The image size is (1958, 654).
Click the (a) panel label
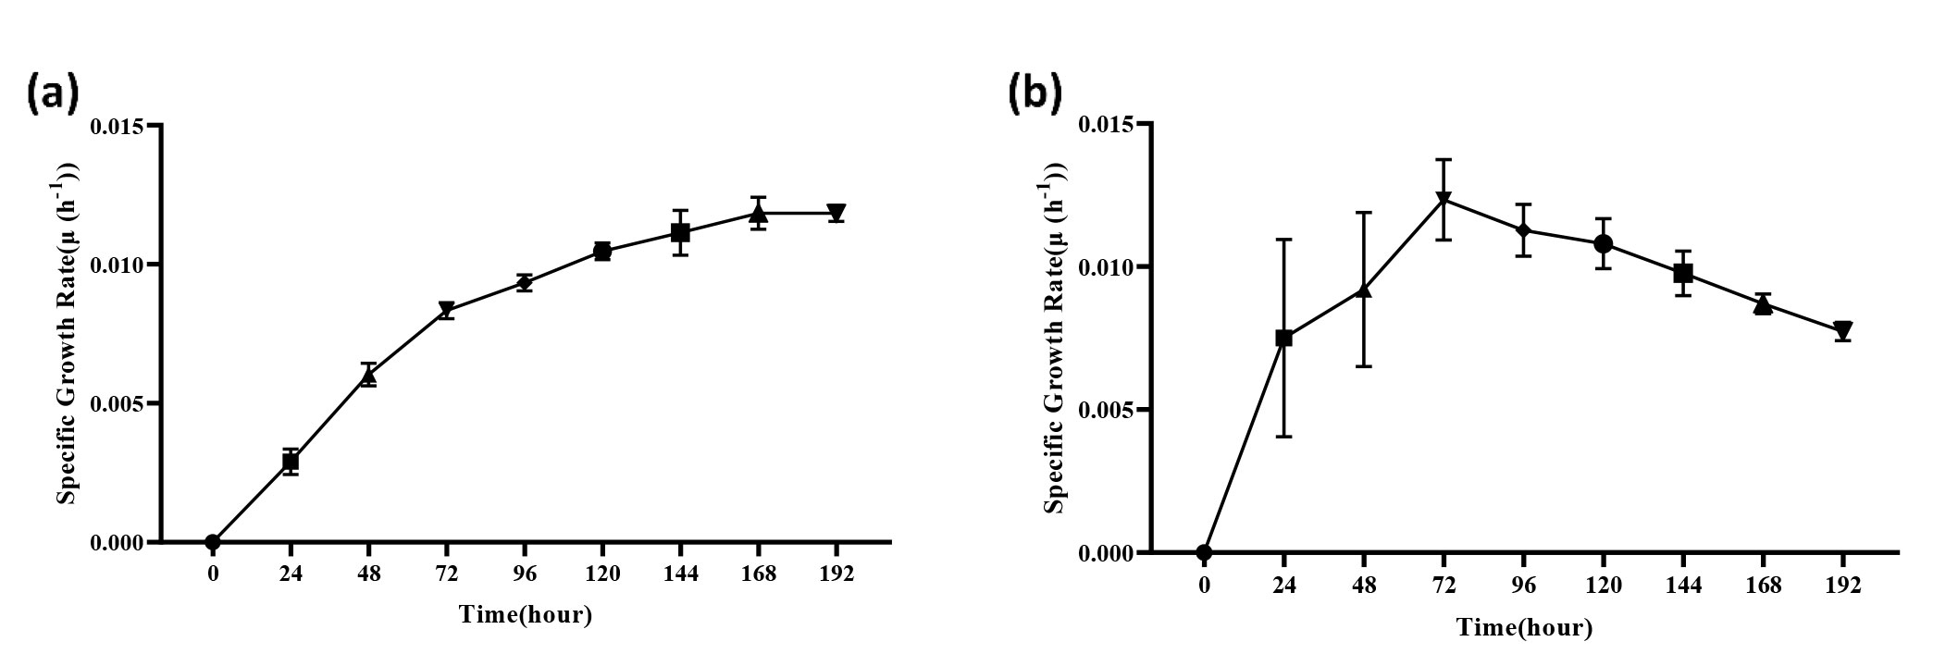[53, 94]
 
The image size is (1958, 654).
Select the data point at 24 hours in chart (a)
[291, 461]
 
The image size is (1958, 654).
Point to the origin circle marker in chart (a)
[213, 542]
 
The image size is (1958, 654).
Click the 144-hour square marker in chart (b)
[1683, 273]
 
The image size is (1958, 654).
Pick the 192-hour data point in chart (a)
[836, 213]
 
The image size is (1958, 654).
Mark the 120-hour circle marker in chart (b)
[1604, 244]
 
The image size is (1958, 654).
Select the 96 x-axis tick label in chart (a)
[525, 574]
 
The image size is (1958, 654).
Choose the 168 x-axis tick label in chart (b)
[1763, 585]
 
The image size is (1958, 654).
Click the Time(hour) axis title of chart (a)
[525, 614]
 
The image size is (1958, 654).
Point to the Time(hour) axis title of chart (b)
[1524, 627]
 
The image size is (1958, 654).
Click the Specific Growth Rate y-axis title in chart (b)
[1056, 338]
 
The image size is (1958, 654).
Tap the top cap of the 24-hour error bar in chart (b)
[1283, 240]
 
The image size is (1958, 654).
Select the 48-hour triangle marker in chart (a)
[368, 376]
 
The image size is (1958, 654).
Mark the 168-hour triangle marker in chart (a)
[759, 215]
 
